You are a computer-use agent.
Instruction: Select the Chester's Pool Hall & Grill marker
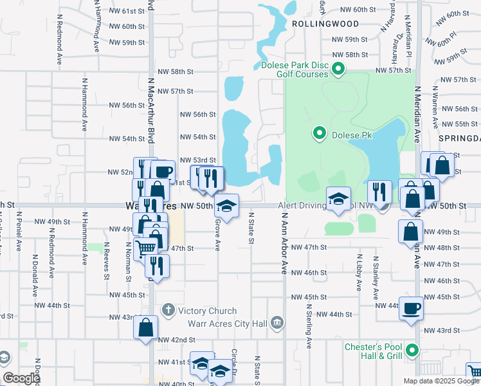point(413,351)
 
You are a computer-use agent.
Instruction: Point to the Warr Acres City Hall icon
point(277,322)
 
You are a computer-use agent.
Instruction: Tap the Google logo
point(21,378)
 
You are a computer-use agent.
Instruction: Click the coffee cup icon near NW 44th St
point(411,308)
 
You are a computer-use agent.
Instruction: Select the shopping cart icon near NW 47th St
point(146,248)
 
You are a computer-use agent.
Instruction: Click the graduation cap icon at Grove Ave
point(226,205)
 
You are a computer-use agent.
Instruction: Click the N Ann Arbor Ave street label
point(283,242)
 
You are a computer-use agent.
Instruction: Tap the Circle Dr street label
point(235,363)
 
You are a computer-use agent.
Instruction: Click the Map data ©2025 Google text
point(440,381)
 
